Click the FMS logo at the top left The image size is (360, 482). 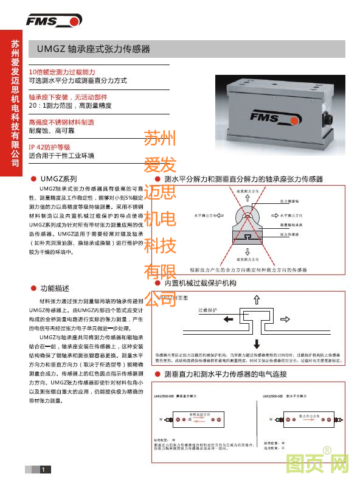(54, 21)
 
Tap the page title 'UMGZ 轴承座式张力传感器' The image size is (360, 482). (94, 49)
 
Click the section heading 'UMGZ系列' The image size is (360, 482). (58, 180)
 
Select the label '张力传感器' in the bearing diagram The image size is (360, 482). (289, 234)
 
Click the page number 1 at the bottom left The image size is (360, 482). (43, 469)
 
